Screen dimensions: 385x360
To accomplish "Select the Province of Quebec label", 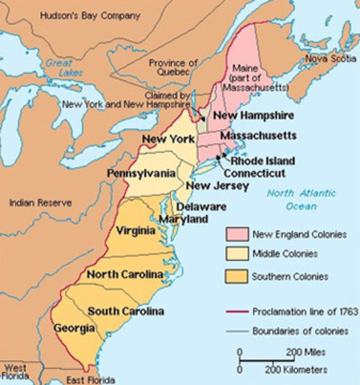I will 170,69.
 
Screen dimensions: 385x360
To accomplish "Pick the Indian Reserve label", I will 37,204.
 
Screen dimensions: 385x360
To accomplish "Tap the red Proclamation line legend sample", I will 234,309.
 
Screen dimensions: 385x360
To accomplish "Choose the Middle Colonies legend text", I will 286,254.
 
